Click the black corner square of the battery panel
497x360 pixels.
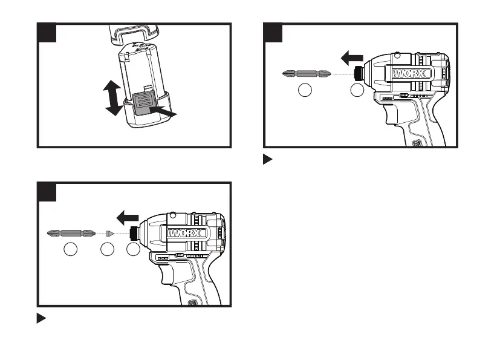(x=47, y=33)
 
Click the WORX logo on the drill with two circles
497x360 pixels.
(x=411, y=74)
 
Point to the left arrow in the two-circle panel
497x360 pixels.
(x=351, y=58)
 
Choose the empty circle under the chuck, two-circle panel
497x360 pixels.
(x=357, y=91)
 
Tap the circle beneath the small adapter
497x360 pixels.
(x=108, y=249)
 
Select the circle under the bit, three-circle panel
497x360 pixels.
(x=71, y=249)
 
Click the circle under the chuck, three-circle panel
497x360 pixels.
(x=132, y=249)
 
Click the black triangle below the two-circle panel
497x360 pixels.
(x=268, y=160)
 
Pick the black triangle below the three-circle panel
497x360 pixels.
(x=42, y=318)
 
